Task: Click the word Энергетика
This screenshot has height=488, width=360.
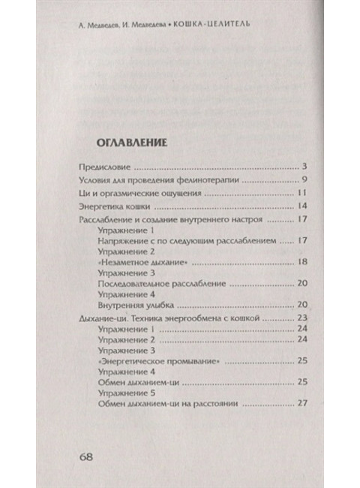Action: point(105,208)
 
